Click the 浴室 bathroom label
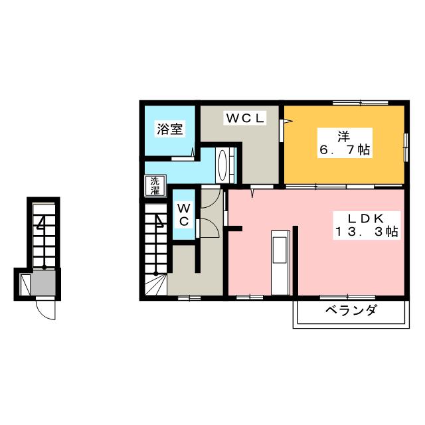coord(169,129)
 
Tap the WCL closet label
coord(245,118)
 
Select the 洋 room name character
coord(343,137)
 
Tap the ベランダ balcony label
coord(351,310)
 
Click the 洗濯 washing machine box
coord(154,185)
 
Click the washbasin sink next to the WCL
coord(224,165)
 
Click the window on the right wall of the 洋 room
coord(405,145)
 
